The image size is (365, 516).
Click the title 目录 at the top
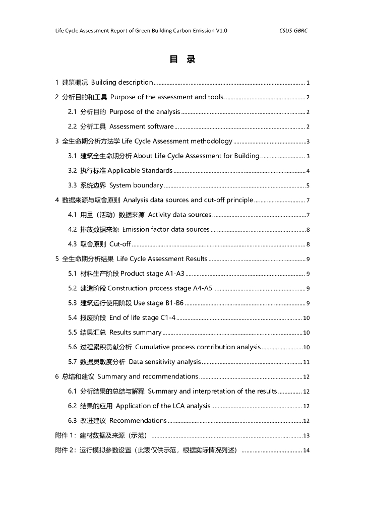[182, 59]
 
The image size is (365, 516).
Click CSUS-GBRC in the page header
[293, 31]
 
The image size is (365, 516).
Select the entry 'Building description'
[122, 83]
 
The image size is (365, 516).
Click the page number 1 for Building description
[308, 83]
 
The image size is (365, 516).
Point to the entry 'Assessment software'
[142, 126]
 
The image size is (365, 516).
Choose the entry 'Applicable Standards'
[140, 171]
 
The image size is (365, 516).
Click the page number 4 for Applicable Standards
[308, 171]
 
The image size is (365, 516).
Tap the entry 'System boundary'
[136, 185]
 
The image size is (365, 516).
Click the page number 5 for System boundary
[308, 185]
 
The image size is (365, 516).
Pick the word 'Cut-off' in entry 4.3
[120, 244]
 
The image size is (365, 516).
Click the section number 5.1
[73, 274]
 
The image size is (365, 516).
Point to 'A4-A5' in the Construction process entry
[203, 289]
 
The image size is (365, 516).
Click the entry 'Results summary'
[135, 333]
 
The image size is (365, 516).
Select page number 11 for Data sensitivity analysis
[306, 362]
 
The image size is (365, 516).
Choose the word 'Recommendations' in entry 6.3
[138, 421]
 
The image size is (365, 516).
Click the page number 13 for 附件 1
[306, 436]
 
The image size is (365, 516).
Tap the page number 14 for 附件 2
[306, 450]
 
